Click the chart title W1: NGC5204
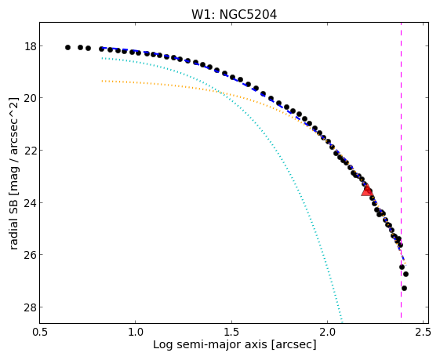click(x=234, y=15)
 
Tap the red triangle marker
click(x=367, y=191)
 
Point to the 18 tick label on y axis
click(x=31, y=46)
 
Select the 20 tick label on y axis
click(x=31, y=98)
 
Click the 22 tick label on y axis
click(x=31, y=151)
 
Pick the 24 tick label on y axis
click(x=31, y=202)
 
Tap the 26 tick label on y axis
click(x=31, y=255)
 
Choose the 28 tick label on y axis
click(x=31, y=307)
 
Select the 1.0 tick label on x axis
click(x=136, y=332)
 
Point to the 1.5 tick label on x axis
click(x=232, y=332)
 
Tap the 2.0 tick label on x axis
click(x=328, y=332)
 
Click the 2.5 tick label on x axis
click(x=424, y=332)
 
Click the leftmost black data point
click(x=67, y=47)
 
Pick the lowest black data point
click(x=404, y=288)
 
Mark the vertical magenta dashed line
click(x=401, y=170)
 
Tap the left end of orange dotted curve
click(x=102, y=81)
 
